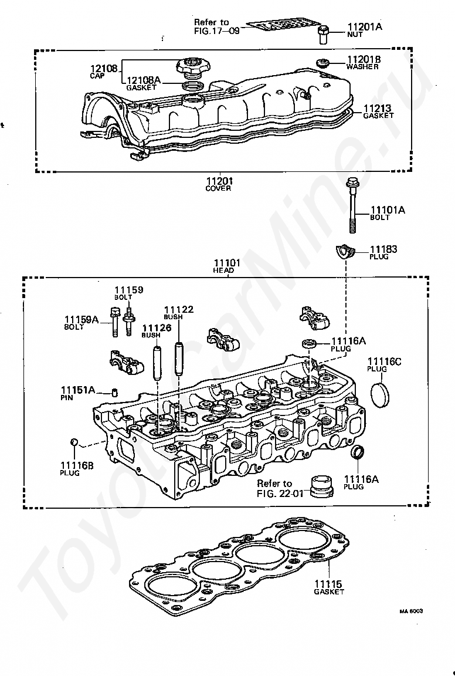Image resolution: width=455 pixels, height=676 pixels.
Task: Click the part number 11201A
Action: [365, 27]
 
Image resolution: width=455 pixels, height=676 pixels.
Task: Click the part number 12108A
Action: [144, 80]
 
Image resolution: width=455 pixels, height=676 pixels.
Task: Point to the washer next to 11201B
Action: [322, 63]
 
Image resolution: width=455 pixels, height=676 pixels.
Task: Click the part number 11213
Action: [377, 108]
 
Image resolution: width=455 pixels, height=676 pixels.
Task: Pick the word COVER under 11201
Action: [218, 188]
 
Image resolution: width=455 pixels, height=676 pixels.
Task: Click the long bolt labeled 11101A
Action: [352, 205]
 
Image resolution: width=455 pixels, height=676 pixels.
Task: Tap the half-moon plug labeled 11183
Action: [344, 251]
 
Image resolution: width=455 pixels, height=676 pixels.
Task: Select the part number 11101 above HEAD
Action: [227, 262]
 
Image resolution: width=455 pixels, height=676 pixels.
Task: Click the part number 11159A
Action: [82, 319]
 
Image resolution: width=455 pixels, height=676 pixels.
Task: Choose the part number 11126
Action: [157, 327]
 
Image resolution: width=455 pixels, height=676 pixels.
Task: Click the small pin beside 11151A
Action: [114, 392]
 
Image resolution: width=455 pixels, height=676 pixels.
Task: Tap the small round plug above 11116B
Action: [74, 441]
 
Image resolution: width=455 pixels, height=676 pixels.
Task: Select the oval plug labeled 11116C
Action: [379, 393]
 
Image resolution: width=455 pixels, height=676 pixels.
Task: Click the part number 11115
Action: [328, 584]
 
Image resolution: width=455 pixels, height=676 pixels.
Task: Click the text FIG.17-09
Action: [217, 31]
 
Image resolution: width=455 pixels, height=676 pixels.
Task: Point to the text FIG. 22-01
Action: [280, 494]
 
